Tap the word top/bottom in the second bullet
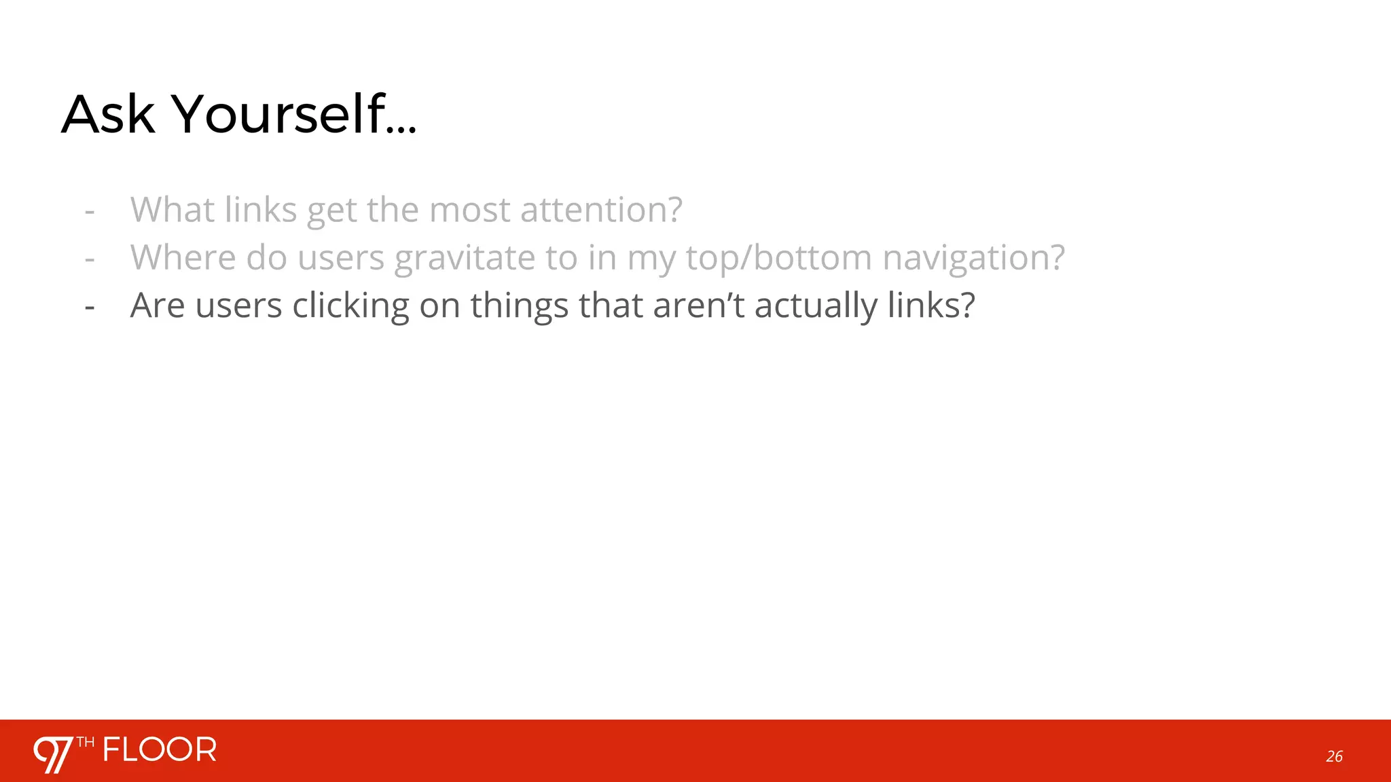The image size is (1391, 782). click(778, 257)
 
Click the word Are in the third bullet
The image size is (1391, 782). click(157, 305)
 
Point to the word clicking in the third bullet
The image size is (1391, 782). click(350, 305)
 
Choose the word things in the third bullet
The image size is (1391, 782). click(519, 305)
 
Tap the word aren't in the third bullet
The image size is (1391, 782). click(698, 305)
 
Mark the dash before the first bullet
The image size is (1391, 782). click(90, 211)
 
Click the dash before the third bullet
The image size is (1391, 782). click(90, 308)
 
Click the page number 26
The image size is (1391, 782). click(1334, 756)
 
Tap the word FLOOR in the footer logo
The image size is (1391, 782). click(160, 750)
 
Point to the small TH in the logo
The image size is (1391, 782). click(86, 742)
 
